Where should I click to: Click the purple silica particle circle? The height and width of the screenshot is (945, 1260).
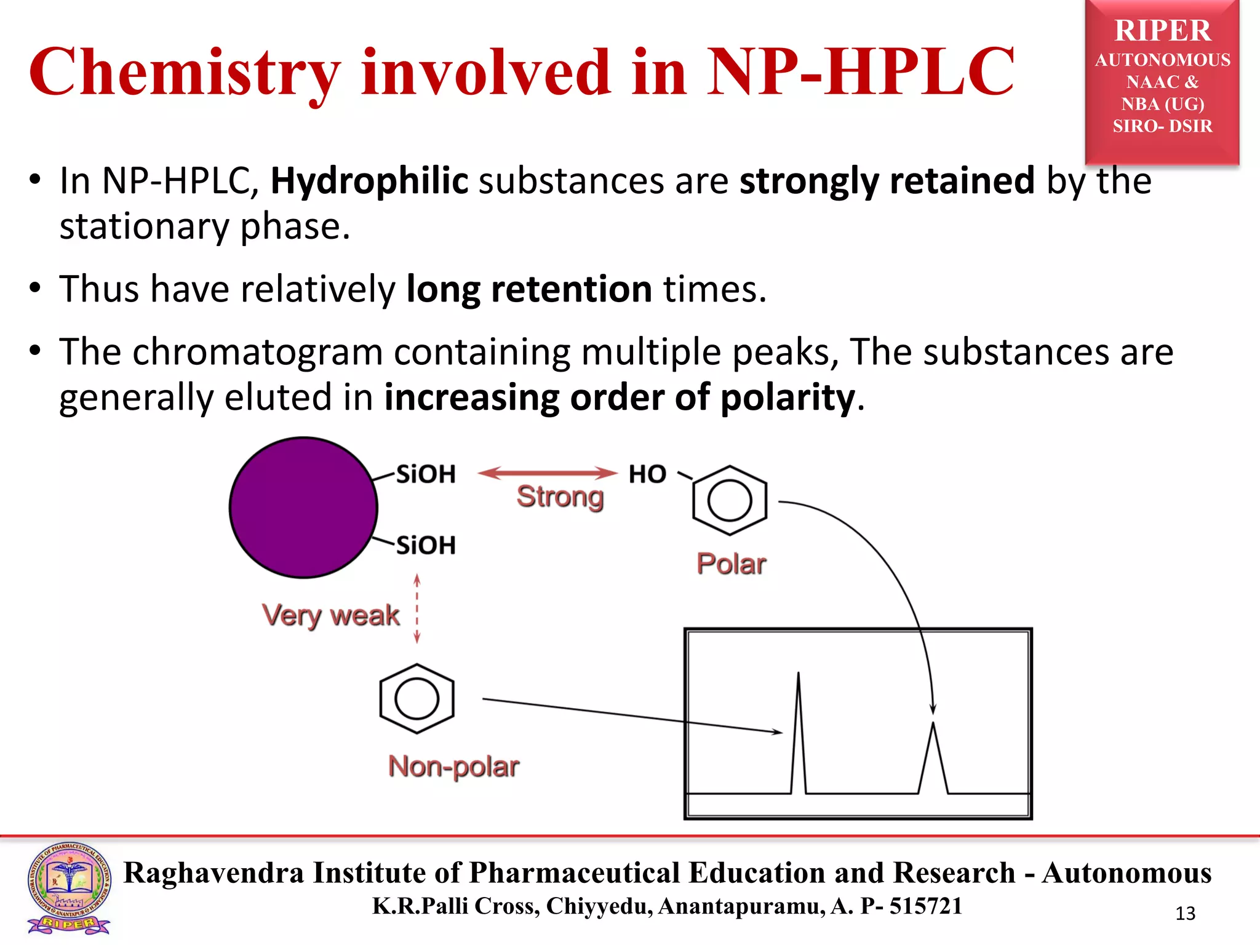point(303,508)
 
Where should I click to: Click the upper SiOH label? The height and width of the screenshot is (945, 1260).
point(426,474)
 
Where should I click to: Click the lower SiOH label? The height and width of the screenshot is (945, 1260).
point(426,545)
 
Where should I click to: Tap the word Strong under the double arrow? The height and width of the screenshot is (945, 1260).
point(560,496)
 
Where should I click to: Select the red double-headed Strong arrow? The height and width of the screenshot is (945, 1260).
point(547,472)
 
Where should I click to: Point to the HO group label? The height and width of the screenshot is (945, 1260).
point(647,474)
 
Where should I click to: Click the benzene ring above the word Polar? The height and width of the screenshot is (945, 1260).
point(730,500)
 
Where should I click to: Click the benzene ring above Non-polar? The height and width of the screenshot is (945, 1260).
point(417,698)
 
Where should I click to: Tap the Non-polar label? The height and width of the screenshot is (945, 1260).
point(453,767)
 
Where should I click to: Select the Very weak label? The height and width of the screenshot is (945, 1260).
point(330,615)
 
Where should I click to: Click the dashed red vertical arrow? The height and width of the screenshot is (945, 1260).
point(417,608)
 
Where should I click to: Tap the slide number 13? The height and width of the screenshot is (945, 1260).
point(1185,914)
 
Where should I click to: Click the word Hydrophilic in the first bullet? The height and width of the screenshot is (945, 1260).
point(370,181)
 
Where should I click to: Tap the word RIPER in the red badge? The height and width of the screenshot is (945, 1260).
point(1162,31)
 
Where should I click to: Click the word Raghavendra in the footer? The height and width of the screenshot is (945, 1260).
point(213,872)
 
